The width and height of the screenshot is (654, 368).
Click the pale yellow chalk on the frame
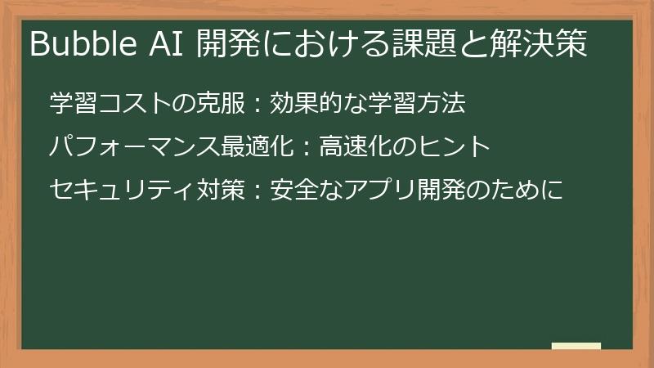(576, 346)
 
